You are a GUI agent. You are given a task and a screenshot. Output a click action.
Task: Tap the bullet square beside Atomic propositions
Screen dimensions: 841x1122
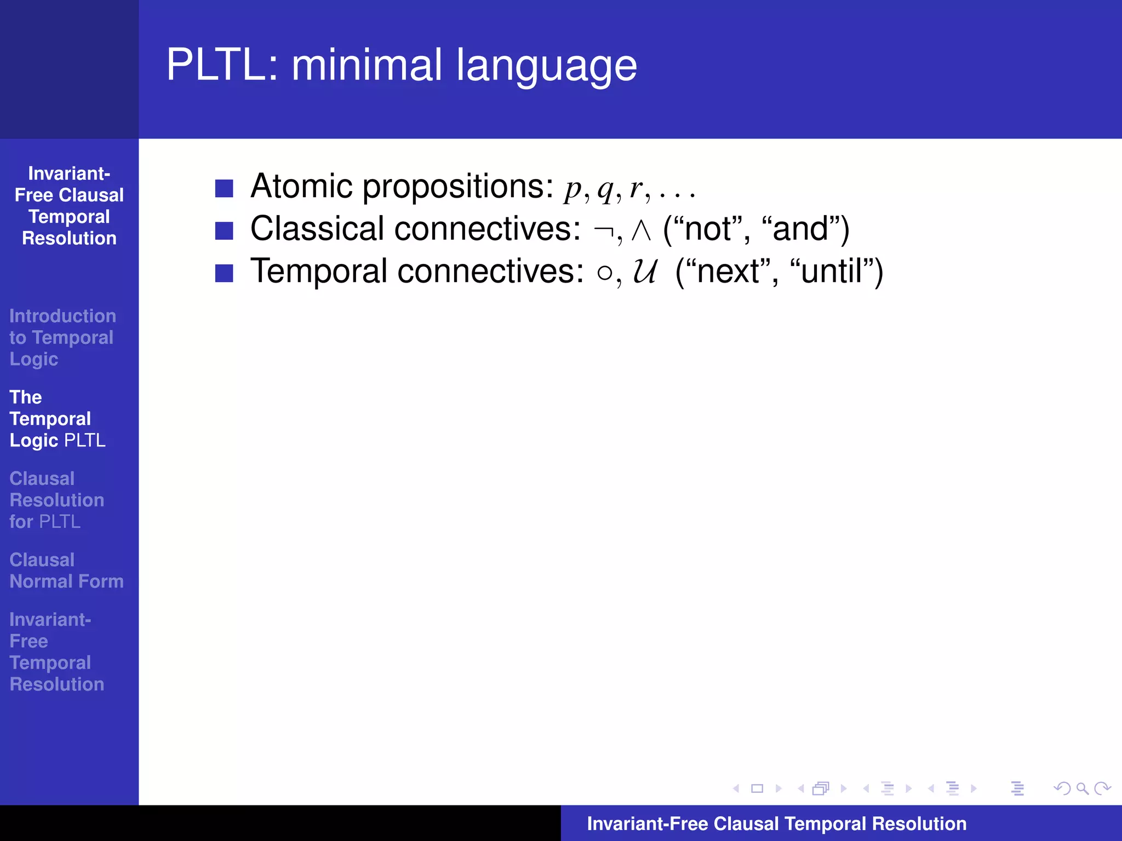224,188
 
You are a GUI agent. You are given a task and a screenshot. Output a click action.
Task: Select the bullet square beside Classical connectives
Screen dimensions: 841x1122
224,231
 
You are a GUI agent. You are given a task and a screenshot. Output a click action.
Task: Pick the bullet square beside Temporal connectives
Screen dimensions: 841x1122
224,273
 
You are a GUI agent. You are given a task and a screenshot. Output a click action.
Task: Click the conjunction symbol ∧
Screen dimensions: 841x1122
640,230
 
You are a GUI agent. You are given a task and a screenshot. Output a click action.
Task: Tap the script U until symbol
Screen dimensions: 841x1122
645,272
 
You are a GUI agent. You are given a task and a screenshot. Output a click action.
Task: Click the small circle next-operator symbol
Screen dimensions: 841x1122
604,273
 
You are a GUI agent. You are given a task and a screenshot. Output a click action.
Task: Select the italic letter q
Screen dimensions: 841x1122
605,189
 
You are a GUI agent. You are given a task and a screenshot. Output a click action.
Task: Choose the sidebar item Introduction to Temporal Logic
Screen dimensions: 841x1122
62,337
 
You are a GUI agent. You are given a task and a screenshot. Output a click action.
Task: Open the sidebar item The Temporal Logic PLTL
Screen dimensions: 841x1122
58,419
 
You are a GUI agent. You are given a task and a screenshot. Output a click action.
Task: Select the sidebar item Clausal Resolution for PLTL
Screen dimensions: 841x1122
56,500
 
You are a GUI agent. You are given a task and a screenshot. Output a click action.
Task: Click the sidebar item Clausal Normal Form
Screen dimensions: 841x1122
66,571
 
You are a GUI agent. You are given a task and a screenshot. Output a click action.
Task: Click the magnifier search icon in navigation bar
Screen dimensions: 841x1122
1082,788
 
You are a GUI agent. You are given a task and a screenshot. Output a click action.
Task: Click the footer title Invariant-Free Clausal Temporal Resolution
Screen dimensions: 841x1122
776,823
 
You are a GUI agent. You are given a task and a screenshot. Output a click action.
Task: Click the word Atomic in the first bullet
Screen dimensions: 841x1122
301,186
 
